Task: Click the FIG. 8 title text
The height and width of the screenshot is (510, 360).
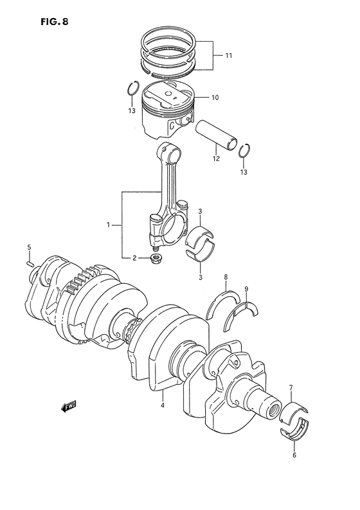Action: (55, 21)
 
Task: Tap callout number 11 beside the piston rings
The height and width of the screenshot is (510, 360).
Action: (228, 56)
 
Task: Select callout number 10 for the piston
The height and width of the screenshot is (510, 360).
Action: (215, 97)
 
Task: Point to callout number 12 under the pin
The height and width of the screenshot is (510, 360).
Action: (216, 159)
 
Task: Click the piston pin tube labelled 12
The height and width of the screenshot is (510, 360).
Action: (216, 136)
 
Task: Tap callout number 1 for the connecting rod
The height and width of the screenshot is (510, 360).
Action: (108, 224)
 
